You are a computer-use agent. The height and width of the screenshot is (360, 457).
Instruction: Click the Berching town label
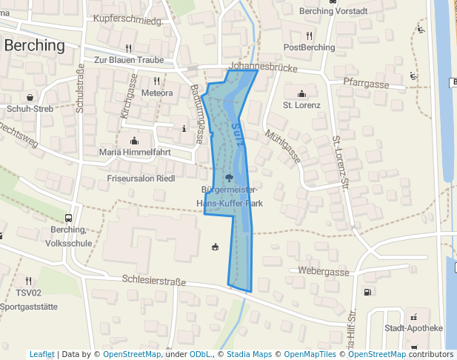point(35,45)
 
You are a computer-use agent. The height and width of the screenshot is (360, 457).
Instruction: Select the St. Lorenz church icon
point(301,93)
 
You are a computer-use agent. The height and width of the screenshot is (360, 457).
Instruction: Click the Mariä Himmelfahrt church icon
point(134,141)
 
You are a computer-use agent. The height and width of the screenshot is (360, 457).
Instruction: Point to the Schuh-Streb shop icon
point(29,97)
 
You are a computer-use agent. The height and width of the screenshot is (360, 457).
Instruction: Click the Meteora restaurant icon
point(156,81)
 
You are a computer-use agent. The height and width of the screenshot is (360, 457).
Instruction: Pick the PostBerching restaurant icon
point(309,36)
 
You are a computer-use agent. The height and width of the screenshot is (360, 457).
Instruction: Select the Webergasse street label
point(324,272)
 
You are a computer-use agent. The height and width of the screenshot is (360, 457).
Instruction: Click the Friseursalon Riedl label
point(141,179)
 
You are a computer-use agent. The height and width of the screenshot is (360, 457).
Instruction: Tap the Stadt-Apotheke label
point(413,328)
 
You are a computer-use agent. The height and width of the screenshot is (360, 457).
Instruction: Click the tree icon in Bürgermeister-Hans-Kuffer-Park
point(229,177)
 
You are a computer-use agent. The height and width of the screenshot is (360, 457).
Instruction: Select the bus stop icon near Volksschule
point(68,219)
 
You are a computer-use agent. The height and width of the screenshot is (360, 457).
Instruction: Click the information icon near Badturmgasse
point(184,128)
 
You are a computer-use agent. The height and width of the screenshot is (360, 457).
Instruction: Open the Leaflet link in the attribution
point(42,354)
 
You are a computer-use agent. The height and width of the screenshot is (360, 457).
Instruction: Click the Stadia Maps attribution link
point(249,354)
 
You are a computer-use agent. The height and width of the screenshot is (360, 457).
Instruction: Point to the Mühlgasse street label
point(283,145)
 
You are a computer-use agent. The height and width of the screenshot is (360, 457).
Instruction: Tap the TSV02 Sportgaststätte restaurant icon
point(28,281)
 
